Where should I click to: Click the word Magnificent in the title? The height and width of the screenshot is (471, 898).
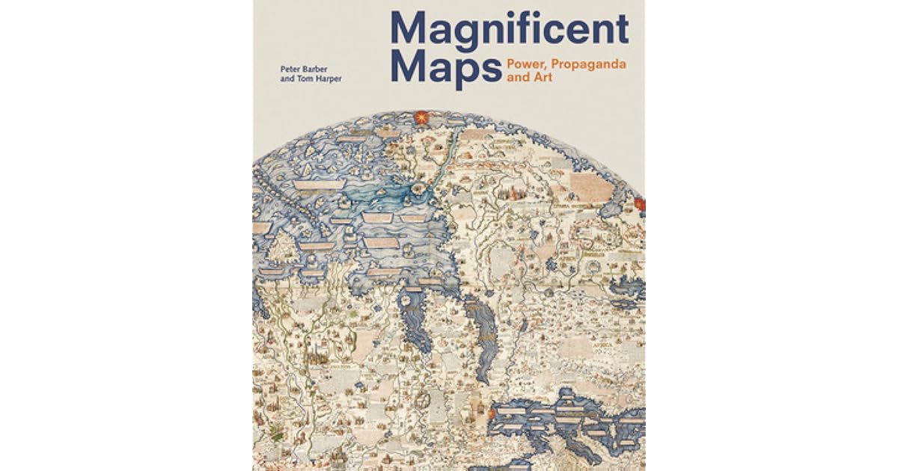(x=508, y=31)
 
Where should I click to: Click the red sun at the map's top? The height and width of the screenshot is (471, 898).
(x=421, y=117)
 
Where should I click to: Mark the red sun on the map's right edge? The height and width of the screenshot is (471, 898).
(x=639, y=203)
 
